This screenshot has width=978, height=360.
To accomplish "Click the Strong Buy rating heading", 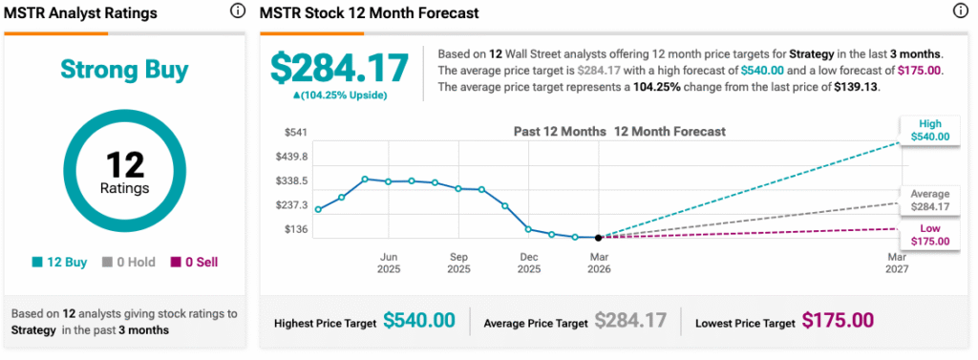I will pyautogui.click(x=124, y=70).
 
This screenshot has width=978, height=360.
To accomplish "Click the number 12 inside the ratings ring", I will pyautogui.click(x=124, y=164).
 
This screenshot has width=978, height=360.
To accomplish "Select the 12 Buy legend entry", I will pyautogui.click(x=60, y=262).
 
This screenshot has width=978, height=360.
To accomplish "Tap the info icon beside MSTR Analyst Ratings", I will pyautogui.click(x=237, y=12).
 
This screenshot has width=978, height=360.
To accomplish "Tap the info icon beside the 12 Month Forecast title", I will pyautogui.click(x=960, y=12).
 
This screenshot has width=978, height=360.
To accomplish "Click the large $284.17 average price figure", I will pyautogui.click(x=339, y=67).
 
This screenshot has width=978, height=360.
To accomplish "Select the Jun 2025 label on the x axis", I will pyautogui.click(x=389, y=263).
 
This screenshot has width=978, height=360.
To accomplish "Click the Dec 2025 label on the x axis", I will pyautogui.click(x=528, y=263).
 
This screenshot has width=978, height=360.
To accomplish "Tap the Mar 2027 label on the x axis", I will pyautogui.click(x=897, y=263).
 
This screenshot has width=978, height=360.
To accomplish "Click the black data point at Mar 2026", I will pyautogui.click(x=598, y=238).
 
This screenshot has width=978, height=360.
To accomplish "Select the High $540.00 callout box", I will pyautogui.click(x=930, y=131).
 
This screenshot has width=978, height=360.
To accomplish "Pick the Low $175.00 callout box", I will pyautogui.click(x=930, y=235).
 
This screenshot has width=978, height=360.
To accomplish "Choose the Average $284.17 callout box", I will pyautogui.click(x=930, y=200).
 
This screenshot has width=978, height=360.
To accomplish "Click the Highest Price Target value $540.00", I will pyautogui.click(x=419, y=321).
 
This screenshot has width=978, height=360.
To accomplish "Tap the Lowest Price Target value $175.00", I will pyautogui.click(x=838, y=321).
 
